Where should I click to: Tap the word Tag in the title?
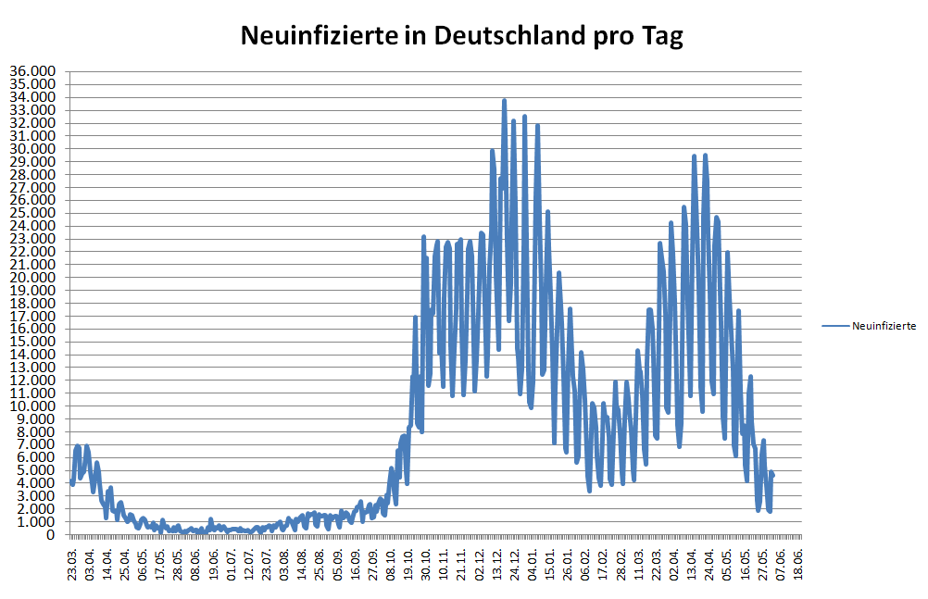point(662,36)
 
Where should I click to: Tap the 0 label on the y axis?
point(52,535)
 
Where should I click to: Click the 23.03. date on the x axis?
point(72,563)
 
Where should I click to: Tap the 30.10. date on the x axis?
point(427,563)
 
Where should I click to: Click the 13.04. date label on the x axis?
point(693,563)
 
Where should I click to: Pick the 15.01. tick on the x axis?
point(551,563)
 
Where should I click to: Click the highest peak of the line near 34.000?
point(504,100)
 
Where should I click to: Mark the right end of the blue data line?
point(772,474)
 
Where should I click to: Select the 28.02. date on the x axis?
point(622,563)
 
